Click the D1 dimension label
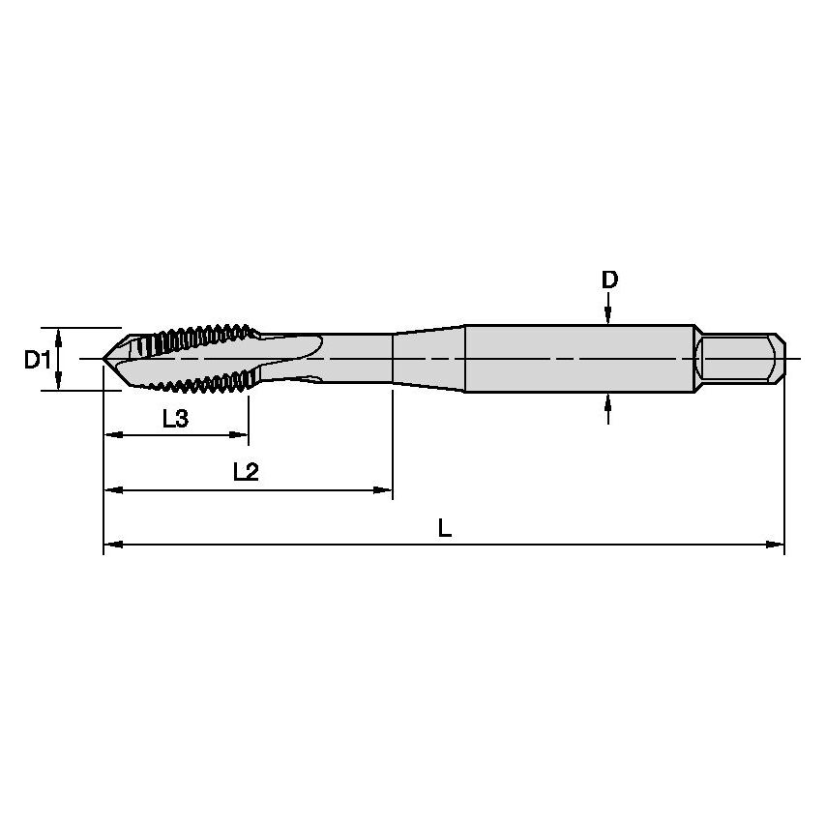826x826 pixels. coord(37,360)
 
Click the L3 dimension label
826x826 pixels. coord(175,419)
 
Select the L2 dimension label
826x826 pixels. coord(246,472)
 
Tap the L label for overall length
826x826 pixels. coord(444,528)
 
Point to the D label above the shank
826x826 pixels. coord(608,280)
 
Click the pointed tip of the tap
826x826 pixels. coord(105,360)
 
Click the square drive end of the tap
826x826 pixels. coord(740,359)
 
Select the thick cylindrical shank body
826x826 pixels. coord(580,359)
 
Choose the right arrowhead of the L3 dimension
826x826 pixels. coord(241,435)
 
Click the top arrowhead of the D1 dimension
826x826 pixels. coord(60,336)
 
